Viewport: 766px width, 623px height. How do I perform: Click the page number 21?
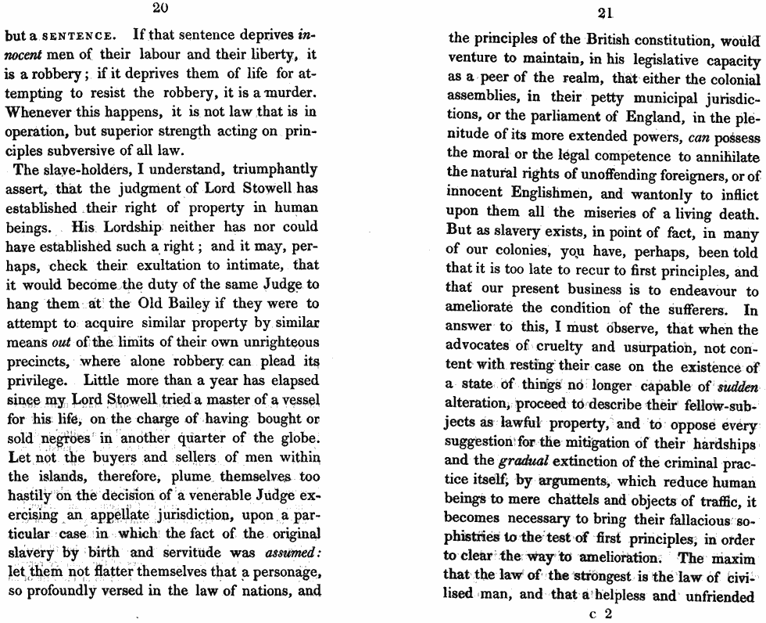[x=603, y=13]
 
